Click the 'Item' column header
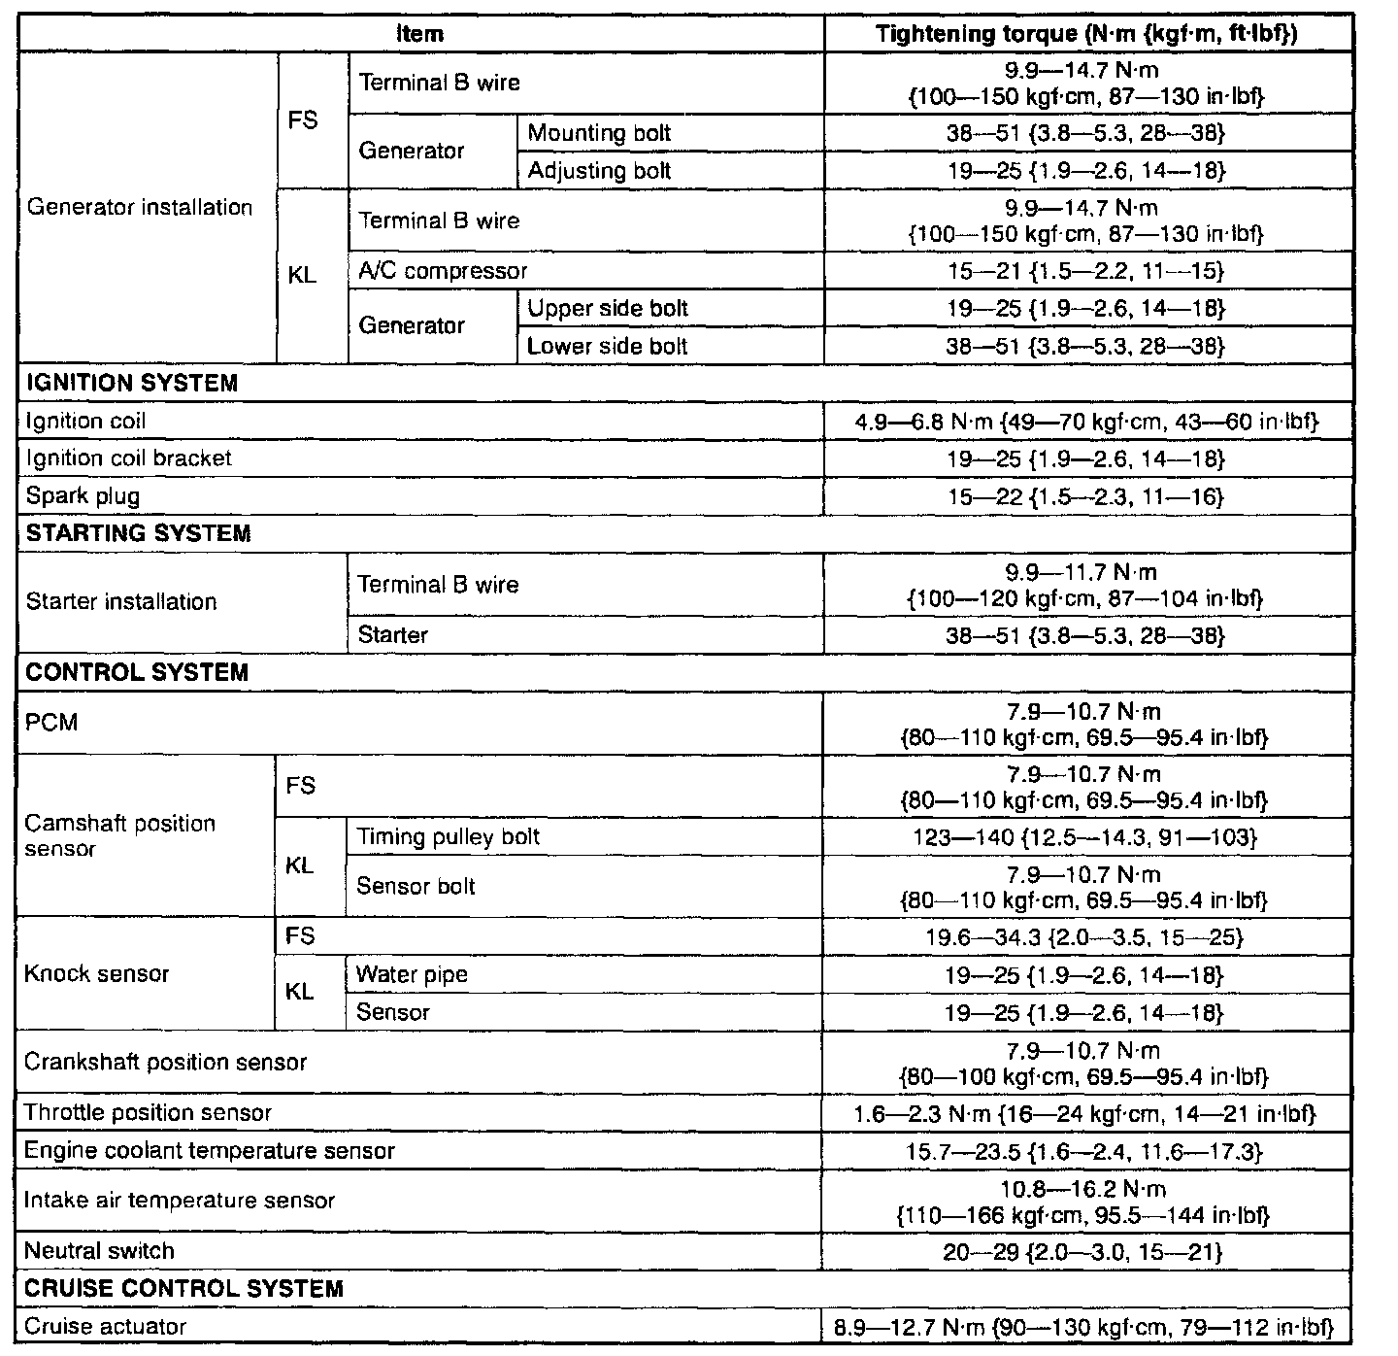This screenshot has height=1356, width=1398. click(420, 34)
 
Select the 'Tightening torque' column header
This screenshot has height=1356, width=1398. click(1086, 34)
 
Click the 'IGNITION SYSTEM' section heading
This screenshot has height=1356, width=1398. click(132, 383)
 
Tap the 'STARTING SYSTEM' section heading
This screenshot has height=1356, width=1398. click(138, 533)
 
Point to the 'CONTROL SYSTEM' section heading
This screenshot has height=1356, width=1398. click(137, 672)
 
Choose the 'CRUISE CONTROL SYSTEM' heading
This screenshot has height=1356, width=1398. click(183, 1289)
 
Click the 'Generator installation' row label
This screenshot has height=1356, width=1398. click(140, 207)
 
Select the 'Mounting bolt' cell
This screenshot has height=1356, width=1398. click(599, 133)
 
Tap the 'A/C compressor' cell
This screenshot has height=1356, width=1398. click(443, 271)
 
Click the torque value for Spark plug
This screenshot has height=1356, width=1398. click(1085, 497)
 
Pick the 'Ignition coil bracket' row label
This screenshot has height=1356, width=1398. click(128, 458)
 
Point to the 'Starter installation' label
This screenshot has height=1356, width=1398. click(121, 601)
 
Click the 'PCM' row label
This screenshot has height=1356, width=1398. click(51, 723)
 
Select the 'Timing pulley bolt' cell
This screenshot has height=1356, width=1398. click(449, 837)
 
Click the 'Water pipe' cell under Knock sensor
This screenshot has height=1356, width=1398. click(412, 974)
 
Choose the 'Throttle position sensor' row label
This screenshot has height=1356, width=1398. click(148, 1113)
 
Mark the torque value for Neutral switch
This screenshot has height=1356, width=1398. click(1082, 1252)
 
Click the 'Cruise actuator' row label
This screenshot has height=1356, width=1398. click(105, 1327)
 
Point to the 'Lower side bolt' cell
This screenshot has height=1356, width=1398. click(607, 347)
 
